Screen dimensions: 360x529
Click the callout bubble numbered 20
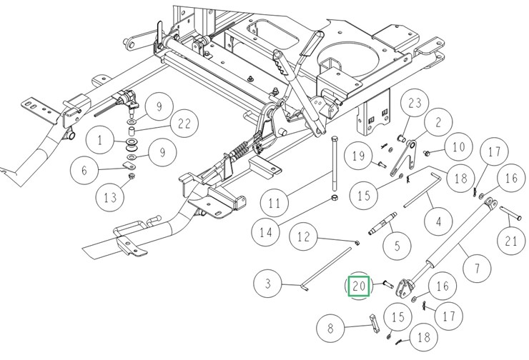tap(358, 287)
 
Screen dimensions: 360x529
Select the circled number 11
tap(275, 204)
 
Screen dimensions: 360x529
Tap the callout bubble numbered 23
tap(415, 104)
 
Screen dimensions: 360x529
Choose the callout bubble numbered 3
tap(269, 284)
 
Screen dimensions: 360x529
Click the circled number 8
tap(330, 329)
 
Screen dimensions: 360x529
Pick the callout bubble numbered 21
tap(510, 241)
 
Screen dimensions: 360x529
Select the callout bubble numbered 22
tap(184, 124)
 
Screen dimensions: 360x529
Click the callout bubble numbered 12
tap(304, 236)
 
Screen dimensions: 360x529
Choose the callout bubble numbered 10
tap(458, 148)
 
